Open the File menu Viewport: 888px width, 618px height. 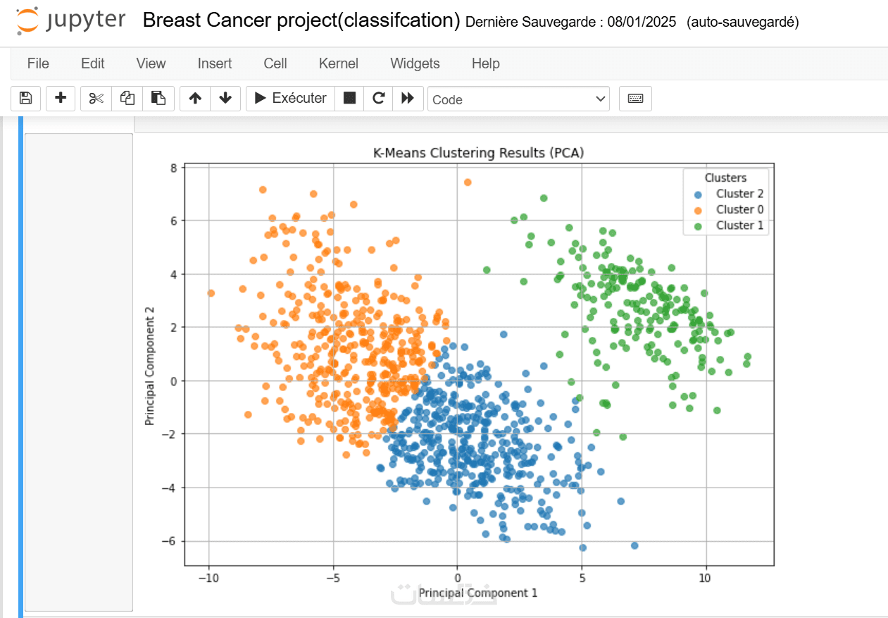click(38, 63)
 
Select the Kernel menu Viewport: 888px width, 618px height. click(339, 63)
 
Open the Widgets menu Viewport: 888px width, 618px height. click(415, 63)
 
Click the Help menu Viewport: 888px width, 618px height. click(485, 63)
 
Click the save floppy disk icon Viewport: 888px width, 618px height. click(25, 99)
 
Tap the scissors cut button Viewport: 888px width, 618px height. click(96, 99)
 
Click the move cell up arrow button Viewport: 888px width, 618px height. click(195, 99)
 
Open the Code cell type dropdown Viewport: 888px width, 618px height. click(519, 99)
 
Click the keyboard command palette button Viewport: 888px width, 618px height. click(635, 99)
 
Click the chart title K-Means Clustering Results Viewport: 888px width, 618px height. click(479, 153)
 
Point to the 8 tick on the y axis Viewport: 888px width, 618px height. click(173, 167)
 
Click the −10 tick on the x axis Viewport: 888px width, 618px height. click(208, 579)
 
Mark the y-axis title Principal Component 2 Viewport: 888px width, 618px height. click(150, 371)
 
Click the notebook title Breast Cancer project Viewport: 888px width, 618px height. click(301, 20)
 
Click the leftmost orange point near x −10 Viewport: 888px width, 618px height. click(211, 293)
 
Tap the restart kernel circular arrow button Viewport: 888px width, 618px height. click(379, 99)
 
